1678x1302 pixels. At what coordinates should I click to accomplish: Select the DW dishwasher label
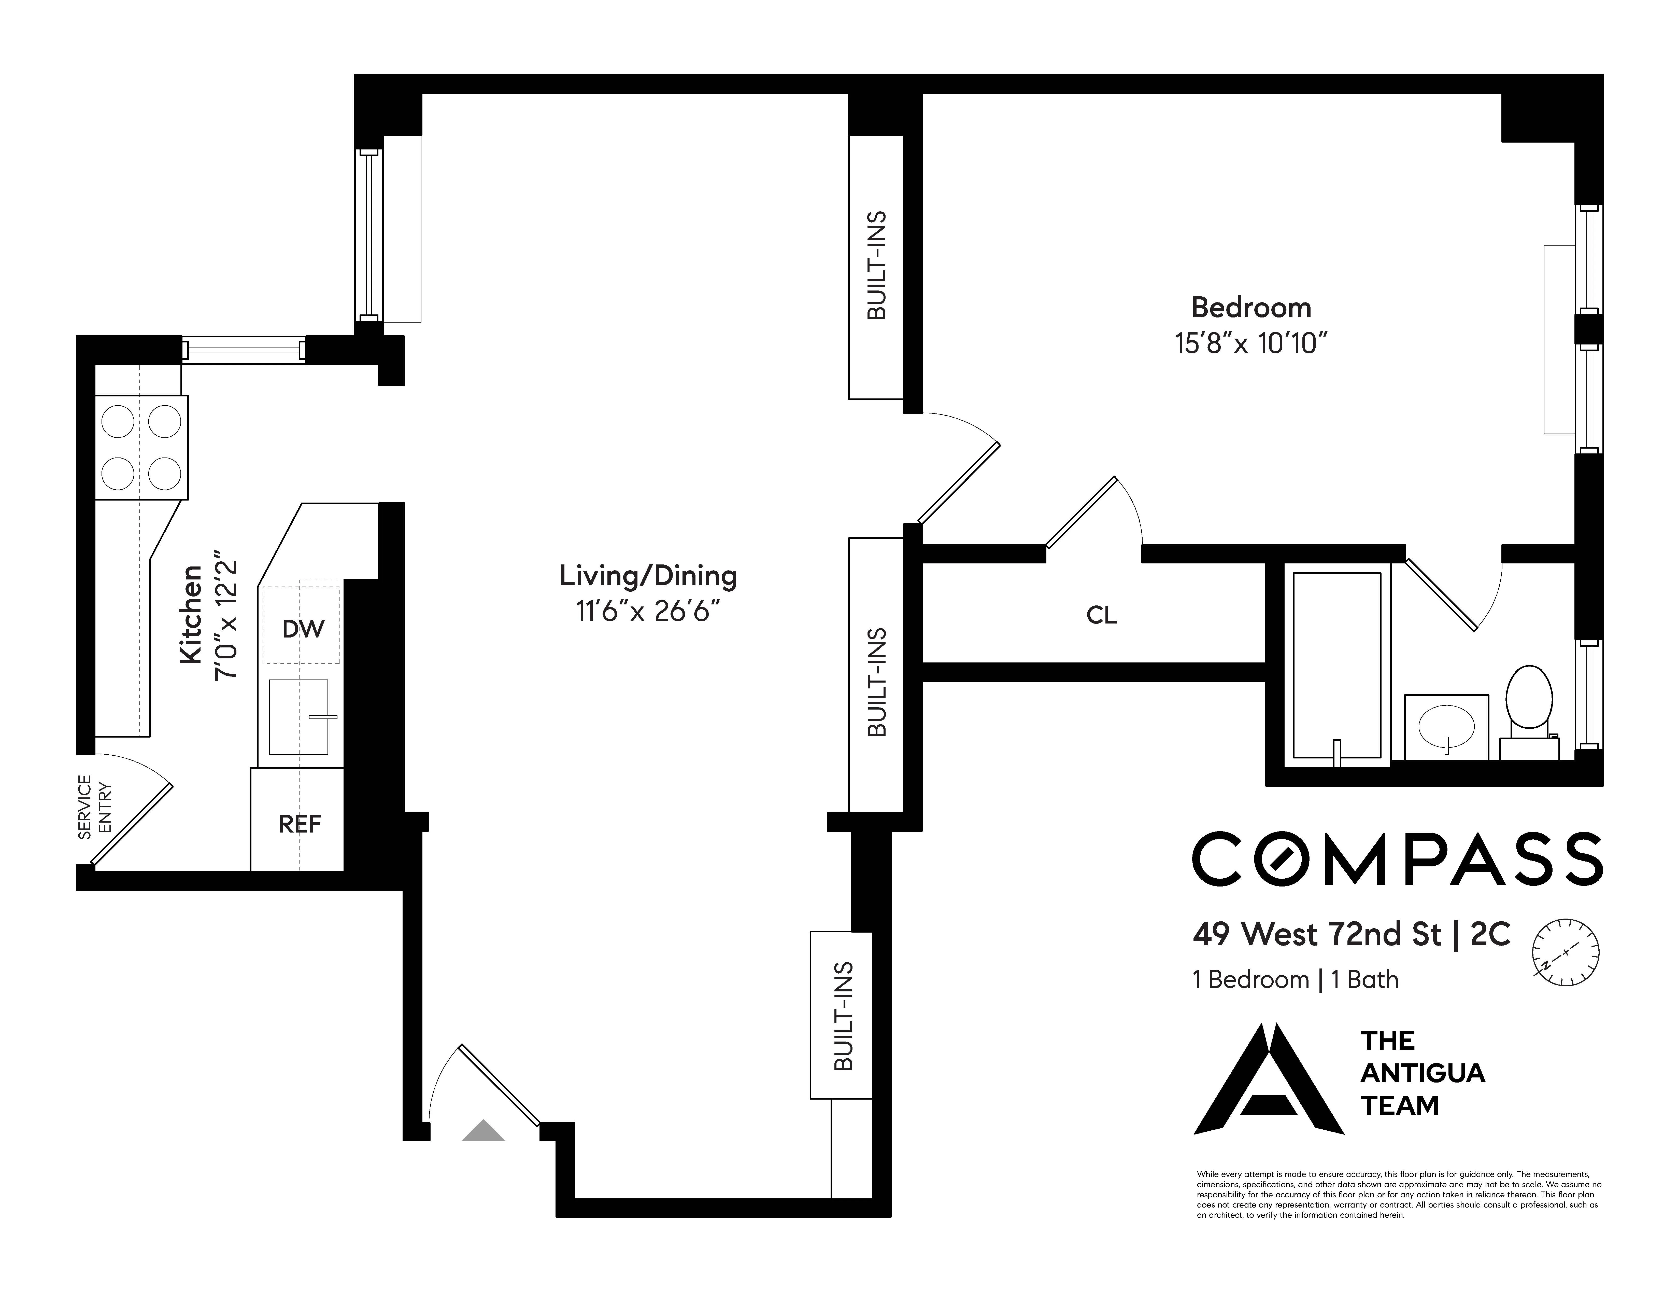pyautogui.click(x=303, y=629)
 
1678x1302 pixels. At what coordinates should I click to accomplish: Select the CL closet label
pyautogui.click(x=1101, y=615)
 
